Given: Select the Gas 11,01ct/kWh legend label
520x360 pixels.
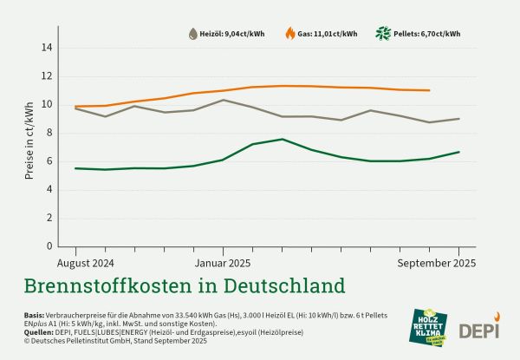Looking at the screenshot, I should (327, 34).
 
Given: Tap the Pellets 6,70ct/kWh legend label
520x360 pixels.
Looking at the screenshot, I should (429, 34).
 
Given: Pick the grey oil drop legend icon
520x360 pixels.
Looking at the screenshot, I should (192, 34).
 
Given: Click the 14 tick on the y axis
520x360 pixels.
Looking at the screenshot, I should (47, 48).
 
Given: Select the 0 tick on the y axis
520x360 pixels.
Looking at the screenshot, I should (49, 246).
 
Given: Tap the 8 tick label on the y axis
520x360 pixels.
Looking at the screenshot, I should (49, 133).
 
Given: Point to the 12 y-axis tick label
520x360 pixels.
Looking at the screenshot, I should (47, 76).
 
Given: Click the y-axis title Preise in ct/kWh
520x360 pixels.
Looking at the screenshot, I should (29, 147).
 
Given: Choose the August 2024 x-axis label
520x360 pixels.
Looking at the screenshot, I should (86, 262).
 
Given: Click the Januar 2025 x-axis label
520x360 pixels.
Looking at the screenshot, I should (222, 262).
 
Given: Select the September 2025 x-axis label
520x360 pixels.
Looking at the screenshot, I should (437, 262).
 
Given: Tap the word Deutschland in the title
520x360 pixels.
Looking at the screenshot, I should (276, 285).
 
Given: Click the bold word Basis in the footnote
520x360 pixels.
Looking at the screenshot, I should (34, 315).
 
